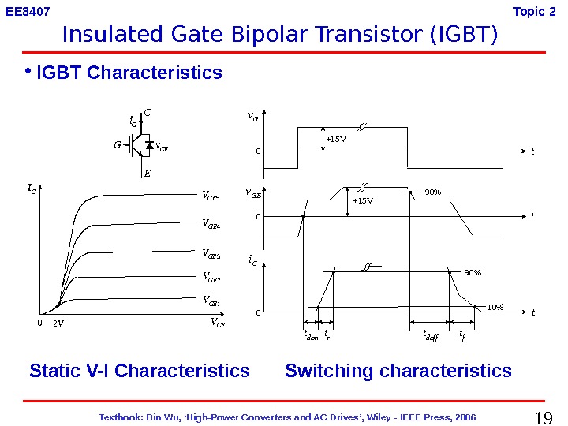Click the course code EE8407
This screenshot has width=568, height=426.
[x=28, y=13]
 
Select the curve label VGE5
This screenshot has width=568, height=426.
[x=211, y=195]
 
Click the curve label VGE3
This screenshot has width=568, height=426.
[x=211, y=254]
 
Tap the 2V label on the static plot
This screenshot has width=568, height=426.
[x=58, y=323]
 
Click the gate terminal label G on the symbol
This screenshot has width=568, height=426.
[x=118, y=145]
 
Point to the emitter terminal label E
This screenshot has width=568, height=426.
[x=147, y=175]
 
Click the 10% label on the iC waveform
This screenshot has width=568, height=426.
[x=495, y=307]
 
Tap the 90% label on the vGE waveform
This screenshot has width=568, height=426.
[x=432, y=192]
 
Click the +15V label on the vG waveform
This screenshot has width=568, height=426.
[x=336, y=140]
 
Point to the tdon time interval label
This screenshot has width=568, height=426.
[x=311, y=335]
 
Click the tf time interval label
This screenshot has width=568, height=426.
[x=462, y=334]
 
